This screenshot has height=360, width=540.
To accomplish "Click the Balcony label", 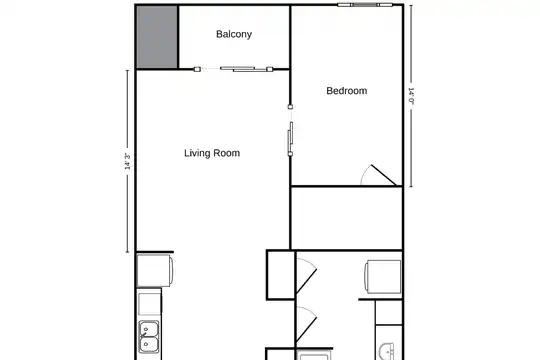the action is (234, 34).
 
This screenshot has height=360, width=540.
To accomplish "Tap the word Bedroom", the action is (346, 91).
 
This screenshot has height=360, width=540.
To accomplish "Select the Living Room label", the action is (212, 153).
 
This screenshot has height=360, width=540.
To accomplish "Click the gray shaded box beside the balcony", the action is (157, 37).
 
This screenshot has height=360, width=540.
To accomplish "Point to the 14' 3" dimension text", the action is (127, 161).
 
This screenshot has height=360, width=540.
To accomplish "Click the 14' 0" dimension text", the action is (411, 96).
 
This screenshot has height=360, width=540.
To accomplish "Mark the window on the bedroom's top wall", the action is (365, 5).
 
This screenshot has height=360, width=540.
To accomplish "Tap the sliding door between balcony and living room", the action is (233, 69).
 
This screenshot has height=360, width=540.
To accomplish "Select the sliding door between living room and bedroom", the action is (290, 131).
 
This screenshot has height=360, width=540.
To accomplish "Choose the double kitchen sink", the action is (149, 337).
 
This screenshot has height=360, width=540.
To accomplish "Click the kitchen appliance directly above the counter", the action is (155, 270).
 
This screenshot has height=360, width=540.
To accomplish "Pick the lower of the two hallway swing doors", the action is (306, 324).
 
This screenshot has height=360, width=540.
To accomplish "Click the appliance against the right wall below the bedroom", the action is (383, 277).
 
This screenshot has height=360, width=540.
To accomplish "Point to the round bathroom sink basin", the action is (388, 352).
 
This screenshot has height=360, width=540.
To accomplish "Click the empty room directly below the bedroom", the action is (347, 218).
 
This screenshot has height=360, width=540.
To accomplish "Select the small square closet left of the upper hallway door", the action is (281, 275).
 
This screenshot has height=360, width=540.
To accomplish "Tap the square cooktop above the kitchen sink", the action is (149, 303).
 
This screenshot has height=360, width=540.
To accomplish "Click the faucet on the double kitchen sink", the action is (145, 336).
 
